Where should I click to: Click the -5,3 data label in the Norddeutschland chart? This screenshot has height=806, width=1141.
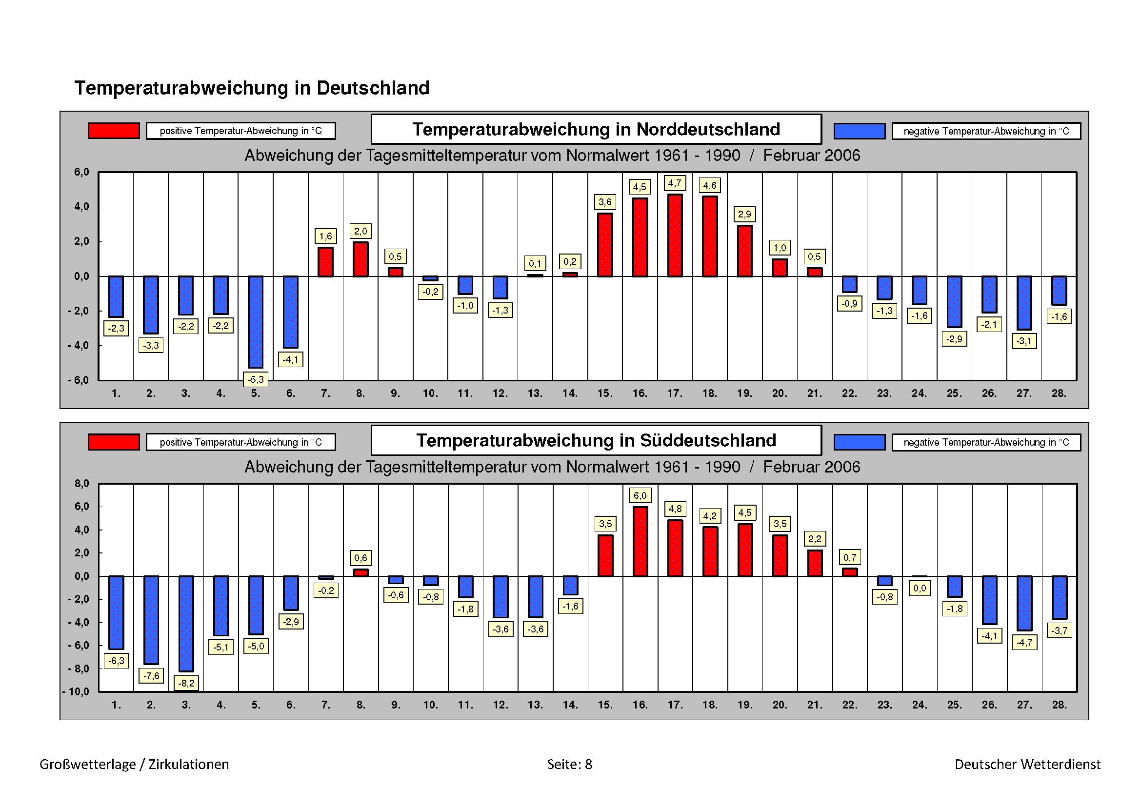(256, 380)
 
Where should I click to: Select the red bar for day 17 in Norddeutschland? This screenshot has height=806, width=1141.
(675, 236)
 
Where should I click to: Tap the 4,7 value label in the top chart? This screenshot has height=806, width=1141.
(675, 183)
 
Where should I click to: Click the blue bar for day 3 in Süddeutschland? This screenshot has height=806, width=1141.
(186, 624)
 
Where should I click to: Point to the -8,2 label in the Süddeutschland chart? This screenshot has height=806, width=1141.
(186, 683)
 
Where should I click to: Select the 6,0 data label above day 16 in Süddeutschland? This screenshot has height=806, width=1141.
(640, 495)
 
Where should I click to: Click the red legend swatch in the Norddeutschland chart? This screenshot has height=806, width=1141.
(114, 131)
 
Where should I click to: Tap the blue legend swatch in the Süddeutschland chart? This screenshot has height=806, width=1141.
(859, 442)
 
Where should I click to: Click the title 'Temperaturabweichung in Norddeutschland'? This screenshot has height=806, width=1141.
(596, 130)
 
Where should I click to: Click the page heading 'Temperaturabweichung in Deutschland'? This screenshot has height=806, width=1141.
(252, 88)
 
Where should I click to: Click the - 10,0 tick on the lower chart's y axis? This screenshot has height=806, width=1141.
(76, 692)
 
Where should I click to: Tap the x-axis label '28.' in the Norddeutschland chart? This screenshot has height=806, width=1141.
(1059, 394)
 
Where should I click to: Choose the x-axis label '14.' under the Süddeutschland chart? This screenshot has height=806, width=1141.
(570, 705)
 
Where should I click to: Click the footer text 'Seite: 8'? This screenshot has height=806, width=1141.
(569, 764)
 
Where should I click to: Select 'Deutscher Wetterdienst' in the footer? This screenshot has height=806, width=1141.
(1027, 764)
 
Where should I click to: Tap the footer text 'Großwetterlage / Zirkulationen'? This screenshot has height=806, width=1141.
(134, 764)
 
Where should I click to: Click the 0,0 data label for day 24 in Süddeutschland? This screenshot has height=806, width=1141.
(920, 589)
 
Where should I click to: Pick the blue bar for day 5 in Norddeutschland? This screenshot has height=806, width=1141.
(256, 322)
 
